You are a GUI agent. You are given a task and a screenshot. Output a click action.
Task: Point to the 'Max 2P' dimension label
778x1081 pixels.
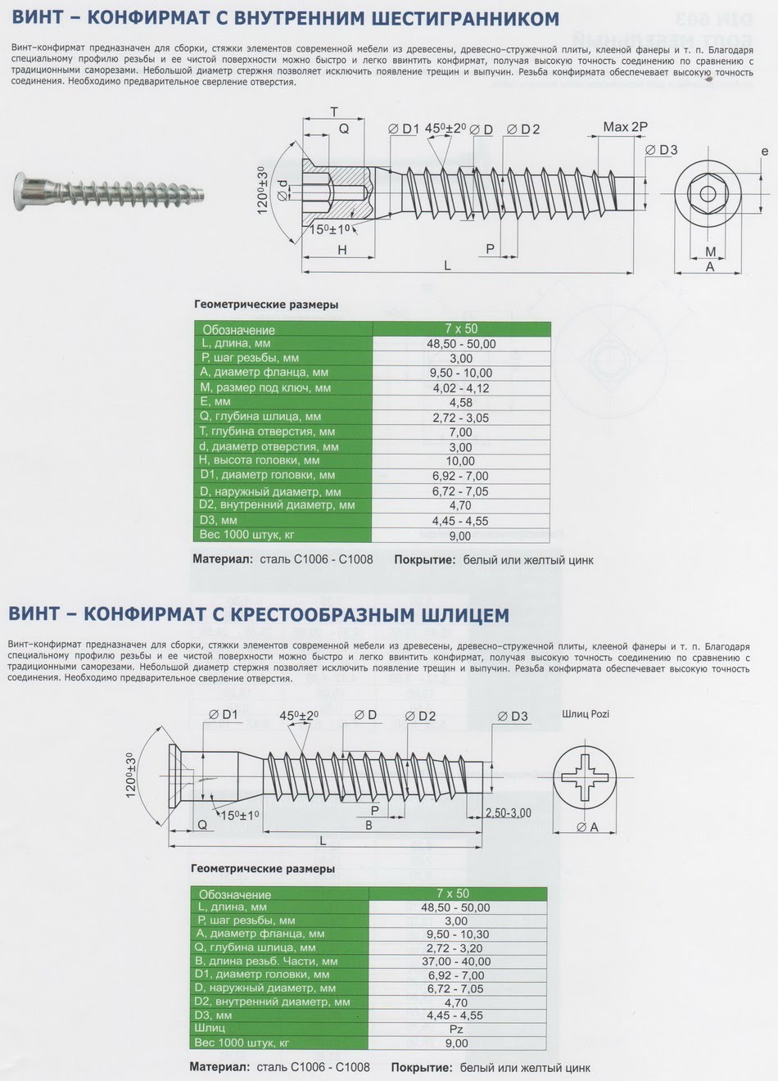pos(625,127)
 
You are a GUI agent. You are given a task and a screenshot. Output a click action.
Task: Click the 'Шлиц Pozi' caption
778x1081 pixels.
pos(586,713)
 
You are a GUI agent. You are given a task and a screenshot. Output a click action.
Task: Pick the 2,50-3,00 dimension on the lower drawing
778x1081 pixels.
pos(508,812)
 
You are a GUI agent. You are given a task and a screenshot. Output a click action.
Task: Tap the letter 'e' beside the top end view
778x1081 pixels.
pos(764,152)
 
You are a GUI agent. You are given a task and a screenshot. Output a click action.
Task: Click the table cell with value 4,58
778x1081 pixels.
pos(461,402)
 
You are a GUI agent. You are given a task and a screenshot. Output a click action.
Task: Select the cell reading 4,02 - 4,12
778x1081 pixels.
pos(461,387)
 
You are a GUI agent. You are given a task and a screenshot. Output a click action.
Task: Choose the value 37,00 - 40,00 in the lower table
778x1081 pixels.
pos(456,961)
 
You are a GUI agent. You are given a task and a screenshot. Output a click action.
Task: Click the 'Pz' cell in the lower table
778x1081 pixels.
pos(456,1029)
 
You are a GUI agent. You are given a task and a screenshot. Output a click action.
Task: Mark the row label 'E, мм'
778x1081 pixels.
pos(215,402)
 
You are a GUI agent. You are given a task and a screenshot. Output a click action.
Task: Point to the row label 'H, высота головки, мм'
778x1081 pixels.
pos(260,460)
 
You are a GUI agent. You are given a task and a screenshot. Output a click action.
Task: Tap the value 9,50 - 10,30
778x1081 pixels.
pos(456,934)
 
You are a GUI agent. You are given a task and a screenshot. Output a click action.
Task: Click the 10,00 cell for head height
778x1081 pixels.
pos(461,461)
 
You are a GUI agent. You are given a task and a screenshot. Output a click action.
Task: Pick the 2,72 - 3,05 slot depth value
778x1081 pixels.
pos(461,417)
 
